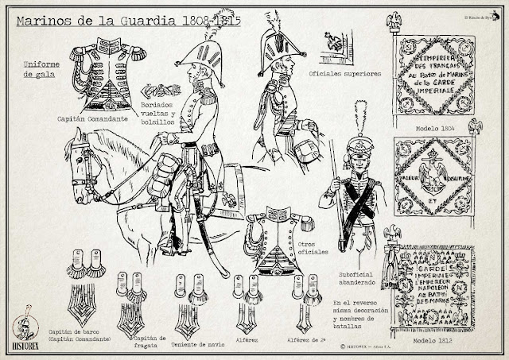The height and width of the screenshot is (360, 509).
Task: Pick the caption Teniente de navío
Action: click(x=190, y=323)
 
